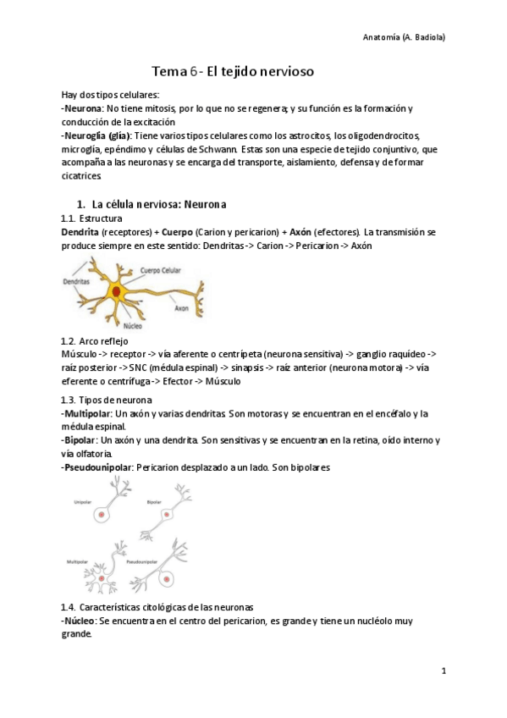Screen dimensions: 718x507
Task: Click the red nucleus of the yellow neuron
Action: pos(115,291)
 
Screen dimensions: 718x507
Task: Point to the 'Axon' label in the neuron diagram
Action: pos(181,309)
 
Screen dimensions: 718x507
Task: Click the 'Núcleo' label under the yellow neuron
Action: pos(132,324)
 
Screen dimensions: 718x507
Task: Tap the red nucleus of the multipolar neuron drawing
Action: pos(105,584)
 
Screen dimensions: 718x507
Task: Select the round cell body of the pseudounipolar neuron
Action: pos(167,579)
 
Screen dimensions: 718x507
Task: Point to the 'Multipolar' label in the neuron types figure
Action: pos(80,561)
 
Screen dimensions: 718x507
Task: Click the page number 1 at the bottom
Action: pos(444,671)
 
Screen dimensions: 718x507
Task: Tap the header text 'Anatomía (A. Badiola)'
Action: pos(404,37)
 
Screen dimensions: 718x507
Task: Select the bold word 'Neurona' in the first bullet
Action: pos(84,108)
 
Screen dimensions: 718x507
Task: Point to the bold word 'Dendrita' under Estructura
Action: pos(80,231)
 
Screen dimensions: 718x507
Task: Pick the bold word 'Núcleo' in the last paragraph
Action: pos(80,621)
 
